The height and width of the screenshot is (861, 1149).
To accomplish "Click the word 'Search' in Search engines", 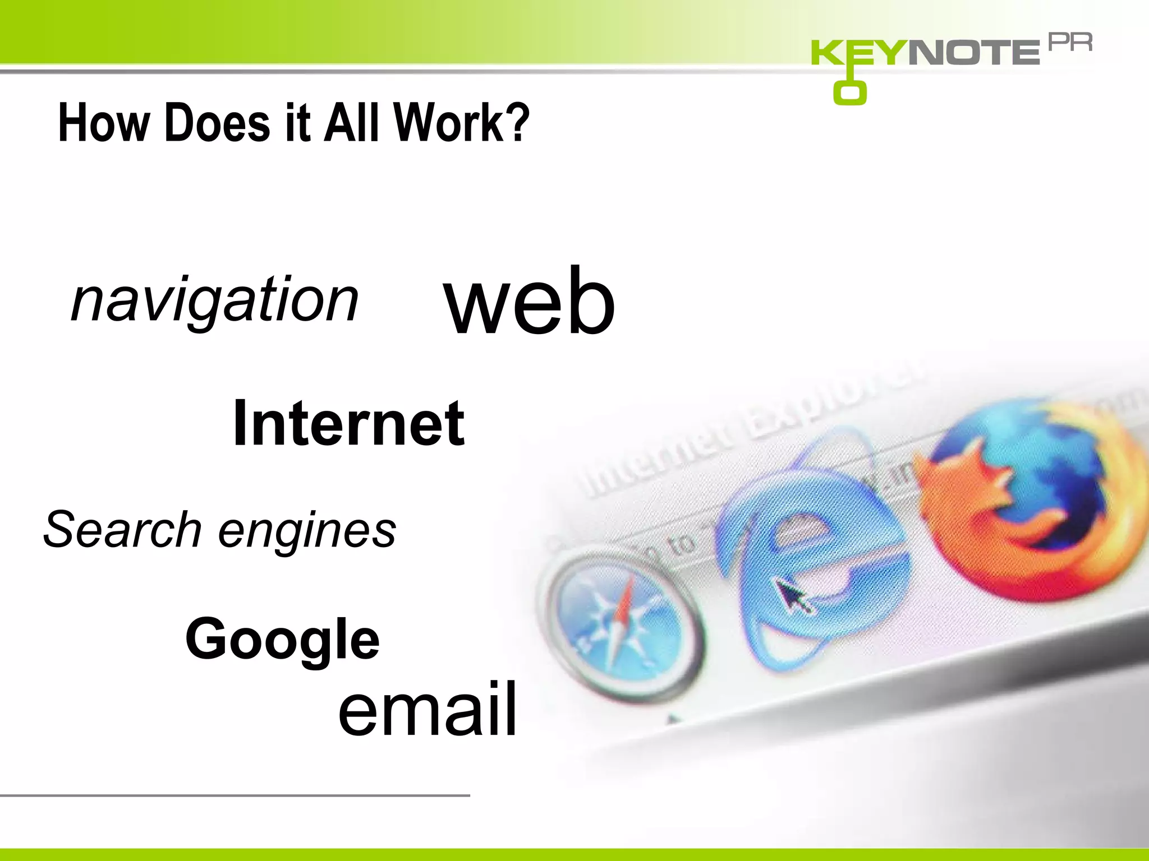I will pyautogui.click(x=123, y=529).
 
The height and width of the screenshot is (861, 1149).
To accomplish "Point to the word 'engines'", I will pyautogui.click(x=307, y=531).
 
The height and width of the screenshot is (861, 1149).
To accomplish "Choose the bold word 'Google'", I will pyautogui.click(x=282, y=639).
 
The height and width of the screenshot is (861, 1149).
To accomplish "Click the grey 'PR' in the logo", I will pyautogui.click(x=1070, y=43).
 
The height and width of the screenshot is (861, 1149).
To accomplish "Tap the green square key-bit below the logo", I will pyautogui.click(x=849, y=92).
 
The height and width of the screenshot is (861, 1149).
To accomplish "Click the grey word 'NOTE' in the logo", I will pyautogui.click(x=973, y=53).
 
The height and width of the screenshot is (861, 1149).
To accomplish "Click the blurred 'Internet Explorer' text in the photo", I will pyautogui.click(x=746, y=432).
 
